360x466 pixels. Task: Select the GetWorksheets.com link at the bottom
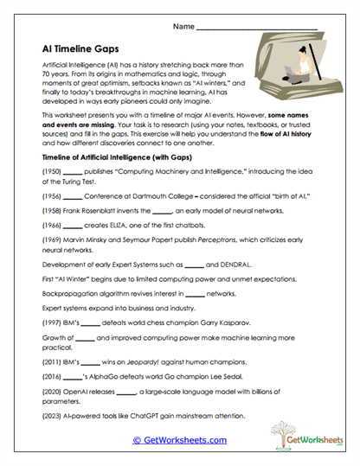(179, 440)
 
